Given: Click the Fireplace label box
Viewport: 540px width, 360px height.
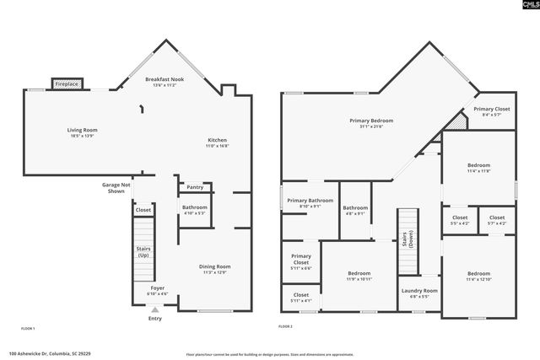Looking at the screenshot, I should pyautogui.click(x=66, y=84).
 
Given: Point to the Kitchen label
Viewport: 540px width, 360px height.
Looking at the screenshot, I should pyautogui.click(x=218, y=142).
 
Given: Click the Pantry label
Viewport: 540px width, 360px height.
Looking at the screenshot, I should pyautogui.click(x=195, y=187).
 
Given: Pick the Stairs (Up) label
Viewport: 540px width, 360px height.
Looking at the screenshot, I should pyautogui.click(x=144, y=251).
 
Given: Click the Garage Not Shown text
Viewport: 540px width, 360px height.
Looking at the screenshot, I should pyautogui.click(x=116, y=187).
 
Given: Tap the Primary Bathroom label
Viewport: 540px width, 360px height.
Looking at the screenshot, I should pyautogui.click(x=310, y=203).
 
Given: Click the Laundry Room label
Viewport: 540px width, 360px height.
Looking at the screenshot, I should pyautogui.click(x=418, y=293).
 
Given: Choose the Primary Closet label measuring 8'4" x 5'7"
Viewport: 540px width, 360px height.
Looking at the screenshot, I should pyautogui.click(x=491, y=111).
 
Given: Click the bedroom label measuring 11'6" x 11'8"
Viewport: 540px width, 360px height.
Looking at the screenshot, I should pyautogui.click(x=478, y=168).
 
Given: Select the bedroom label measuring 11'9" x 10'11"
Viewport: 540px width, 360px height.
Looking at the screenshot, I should pyautogui.click(x=359, y=276).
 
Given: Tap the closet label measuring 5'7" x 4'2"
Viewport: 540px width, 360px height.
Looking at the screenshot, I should pyautogui.click(x=497, y=220).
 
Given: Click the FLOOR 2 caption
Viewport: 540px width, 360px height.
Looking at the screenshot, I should pyautogui.click(x=285, y=326).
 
